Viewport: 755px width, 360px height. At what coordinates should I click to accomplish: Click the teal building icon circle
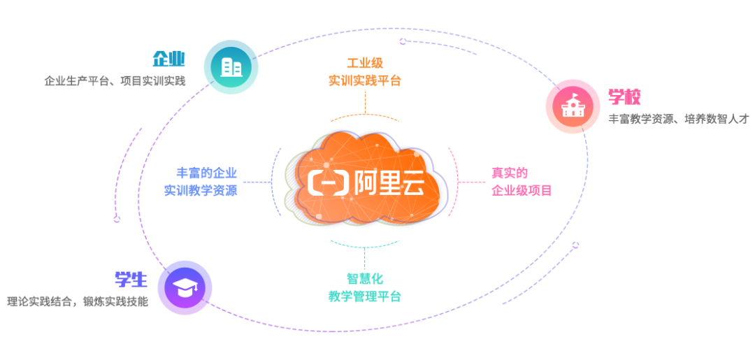(231, 67)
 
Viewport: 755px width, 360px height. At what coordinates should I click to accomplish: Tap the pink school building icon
(573, 106)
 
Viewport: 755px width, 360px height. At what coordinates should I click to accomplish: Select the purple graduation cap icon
(185, 287)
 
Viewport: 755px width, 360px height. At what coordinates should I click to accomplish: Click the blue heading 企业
(168, 59)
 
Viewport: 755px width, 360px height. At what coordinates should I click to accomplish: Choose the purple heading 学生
(131, 280)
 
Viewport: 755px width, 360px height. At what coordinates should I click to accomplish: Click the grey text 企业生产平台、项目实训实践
(115, 80)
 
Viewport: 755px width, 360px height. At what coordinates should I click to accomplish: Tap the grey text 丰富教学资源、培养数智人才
(678, 119)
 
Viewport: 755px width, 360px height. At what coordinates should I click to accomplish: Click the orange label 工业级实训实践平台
(365, 72)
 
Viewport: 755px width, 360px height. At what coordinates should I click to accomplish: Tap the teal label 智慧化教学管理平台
(364, 287)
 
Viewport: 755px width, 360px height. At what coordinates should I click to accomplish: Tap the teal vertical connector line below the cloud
(364, 257)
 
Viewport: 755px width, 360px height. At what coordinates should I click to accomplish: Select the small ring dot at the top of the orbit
(403, 41)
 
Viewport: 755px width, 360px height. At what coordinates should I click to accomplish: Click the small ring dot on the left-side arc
(117, 219)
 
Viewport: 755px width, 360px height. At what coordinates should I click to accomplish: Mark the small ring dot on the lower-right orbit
(575, 245)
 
